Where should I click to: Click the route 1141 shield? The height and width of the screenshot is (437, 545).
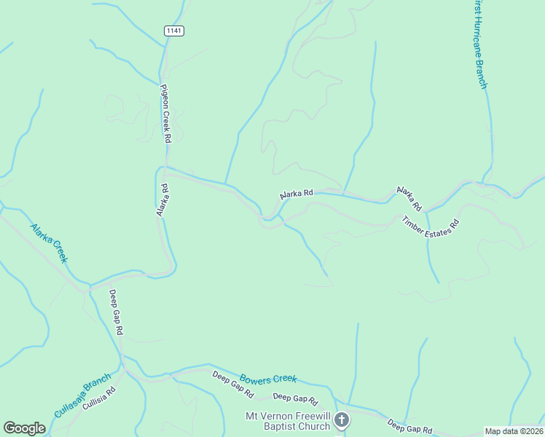(173, 30)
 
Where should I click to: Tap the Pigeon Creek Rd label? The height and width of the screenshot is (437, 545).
(165, 114)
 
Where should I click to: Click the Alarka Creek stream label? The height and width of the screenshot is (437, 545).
(50, 243)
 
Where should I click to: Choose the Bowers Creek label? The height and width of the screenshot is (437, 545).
(268, 379)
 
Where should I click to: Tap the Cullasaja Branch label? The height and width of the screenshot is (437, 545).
(82, 396)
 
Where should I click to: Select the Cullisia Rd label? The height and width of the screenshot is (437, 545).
(99, 399)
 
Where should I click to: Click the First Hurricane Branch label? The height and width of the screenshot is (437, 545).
(479, 44)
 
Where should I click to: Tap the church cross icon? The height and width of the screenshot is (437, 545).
(342, 420)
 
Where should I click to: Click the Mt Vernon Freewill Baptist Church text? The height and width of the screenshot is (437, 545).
(287, 421)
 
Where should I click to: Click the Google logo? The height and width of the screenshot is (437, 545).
(24, 428)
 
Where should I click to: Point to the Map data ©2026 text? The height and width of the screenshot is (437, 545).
(514, 431)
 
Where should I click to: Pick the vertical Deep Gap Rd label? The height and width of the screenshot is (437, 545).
(116, 312)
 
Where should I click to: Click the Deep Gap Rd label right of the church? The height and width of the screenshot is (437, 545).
(409, 426)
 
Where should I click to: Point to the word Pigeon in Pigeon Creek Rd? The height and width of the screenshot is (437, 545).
(165, 94)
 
